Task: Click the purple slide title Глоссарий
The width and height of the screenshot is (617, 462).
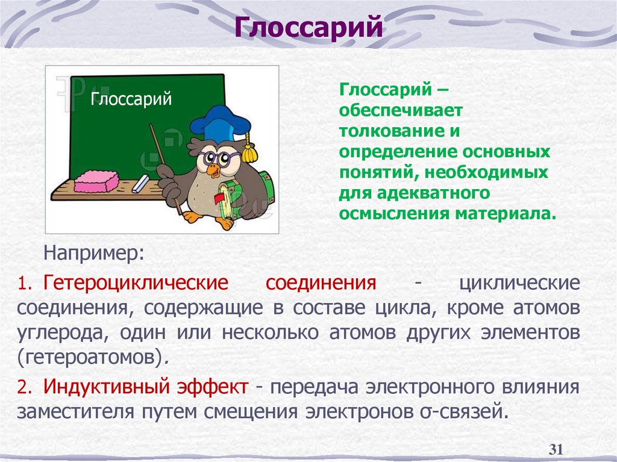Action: pos(308,27)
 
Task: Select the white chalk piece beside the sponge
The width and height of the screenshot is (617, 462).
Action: pos(140,184)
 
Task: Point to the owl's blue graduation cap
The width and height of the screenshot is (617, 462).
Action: pos(219,123)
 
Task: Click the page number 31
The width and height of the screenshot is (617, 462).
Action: pos(556,449)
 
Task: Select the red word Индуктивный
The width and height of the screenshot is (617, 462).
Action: pos(102,386)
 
